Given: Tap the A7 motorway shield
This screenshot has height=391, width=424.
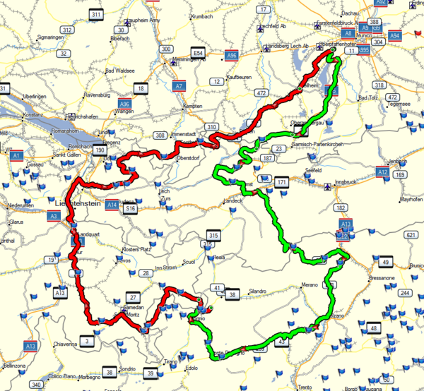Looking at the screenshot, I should tap(179, 87).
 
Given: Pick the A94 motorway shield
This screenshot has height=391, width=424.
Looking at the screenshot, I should tap(396, 35).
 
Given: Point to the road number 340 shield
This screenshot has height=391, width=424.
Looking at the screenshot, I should tap(35, 385).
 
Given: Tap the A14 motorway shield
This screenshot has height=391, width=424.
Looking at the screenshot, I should tap(112, 205).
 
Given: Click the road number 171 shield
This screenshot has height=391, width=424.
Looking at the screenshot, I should tap(282, 183).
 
